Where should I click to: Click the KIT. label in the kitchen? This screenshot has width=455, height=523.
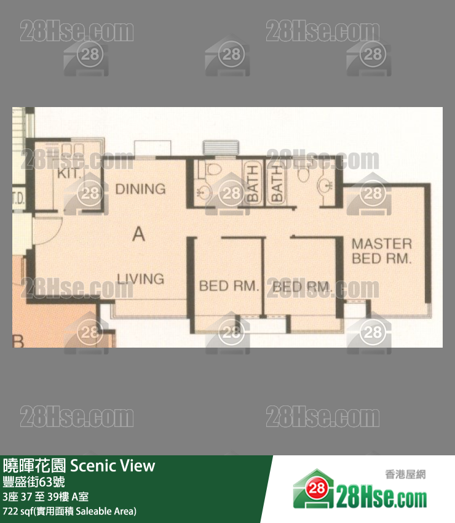(69, 174)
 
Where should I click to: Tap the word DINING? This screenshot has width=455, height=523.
(141, 189)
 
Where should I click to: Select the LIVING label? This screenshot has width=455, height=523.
(141, 279)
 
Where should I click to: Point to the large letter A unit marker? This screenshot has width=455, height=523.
(139, 234)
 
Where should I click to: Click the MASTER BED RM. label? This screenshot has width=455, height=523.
(381, 251)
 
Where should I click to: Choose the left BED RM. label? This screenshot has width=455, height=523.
(229, 286)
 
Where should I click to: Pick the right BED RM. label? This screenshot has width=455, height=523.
(302, 287)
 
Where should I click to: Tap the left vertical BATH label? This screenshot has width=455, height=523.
(252, 183)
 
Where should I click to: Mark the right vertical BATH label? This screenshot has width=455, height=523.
(276, 183)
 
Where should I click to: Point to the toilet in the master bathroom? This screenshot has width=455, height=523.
(302, 174)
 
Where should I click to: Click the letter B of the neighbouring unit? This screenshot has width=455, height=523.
(18, 340)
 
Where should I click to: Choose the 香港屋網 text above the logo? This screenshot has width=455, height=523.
(405, 474)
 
